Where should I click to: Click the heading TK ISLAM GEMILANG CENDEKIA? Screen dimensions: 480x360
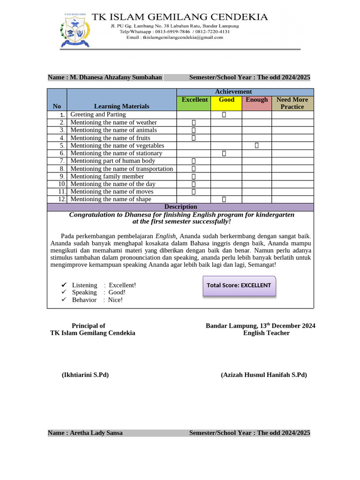coord(180,17)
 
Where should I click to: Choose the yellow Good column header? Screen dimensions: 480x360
coord(226,100)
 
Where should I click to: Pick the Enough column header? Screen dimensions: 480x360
coord(257,100)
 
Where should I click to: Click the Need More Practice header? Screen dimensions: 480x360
coord(292,103)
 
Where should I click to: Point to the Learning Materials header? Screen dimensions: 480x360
coord(121,106)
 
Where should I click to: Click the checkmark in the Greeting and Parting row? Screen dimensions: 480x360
coord(224,115)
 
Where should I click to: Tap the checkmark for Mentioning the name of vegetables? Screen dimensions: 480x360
coord(257,146)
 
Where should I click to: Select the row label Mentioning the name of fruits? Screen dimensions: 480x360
coord(110,138)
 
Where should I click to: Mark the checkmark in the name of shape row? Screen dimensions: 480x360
coord(224,199)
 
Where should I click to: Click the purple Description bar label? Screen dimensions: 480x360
coord(180,207)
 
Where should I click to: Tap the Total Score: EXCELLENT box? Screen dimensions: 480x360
coord(239,285)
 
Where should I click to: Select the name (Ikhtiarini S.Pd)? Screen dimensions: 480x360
coord(85,375)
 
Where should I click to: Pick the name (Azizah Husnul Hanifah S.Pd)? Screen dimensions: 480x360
coord(263,375)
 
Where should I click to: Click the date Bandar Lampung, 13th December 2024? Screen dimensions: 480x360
coord(260,325)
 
